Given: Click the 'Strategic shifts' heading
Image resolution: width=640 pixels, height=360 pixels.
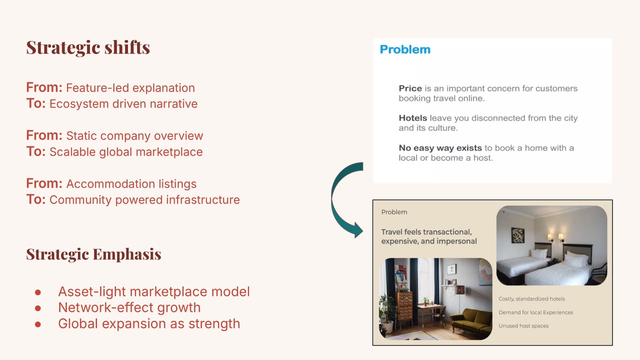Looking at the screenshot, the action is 88,47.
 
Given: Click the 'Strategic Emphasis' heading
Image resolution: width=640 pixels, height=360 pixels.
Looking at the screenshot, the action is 93,254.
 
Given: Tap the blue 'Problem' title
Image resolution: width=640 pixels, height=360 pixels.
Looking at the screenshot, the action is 405,49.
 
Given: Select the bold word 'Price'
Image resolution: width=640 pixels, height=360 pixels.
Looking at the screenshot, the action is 410,88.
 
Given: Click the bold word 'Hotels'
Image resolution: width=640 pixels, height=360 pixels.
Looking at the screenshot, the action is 413,118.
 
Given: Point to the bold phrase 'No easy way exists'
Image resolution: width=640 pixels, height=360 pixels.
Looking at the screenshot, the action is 440,148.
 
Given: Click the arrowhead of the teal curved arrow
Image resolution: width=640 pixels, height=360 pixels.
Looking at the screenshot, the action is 358,229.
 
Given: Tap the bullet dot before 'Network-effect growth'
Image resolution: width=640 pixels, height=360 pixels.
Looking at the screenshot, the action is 38,308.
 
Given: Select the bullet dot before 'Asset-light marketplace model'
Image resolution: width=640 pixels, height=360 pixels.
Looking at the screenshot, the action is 38,292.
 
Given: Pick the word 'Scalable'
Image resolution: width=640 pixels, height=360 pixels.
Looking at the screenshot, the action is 72,152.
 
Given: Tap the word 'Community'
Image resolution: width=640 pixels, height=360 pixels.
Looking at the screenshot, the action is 80,200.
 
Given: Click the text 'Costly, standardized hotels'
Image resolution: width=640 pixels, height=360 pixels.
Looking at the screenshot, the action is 531,299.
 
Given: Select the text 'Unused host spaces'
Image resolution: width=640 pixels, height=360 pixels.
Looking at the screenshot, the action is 523,325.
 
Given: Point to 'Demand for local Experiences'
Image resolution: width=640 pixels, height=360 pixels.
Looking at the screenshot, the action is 536,312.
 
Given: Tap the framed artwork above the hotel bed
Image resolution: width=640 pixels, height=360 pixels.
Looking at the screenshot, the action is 517,235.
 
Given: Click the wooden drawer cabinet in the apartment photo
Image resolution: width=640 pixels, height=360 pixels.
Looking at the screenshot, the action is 404,308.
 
